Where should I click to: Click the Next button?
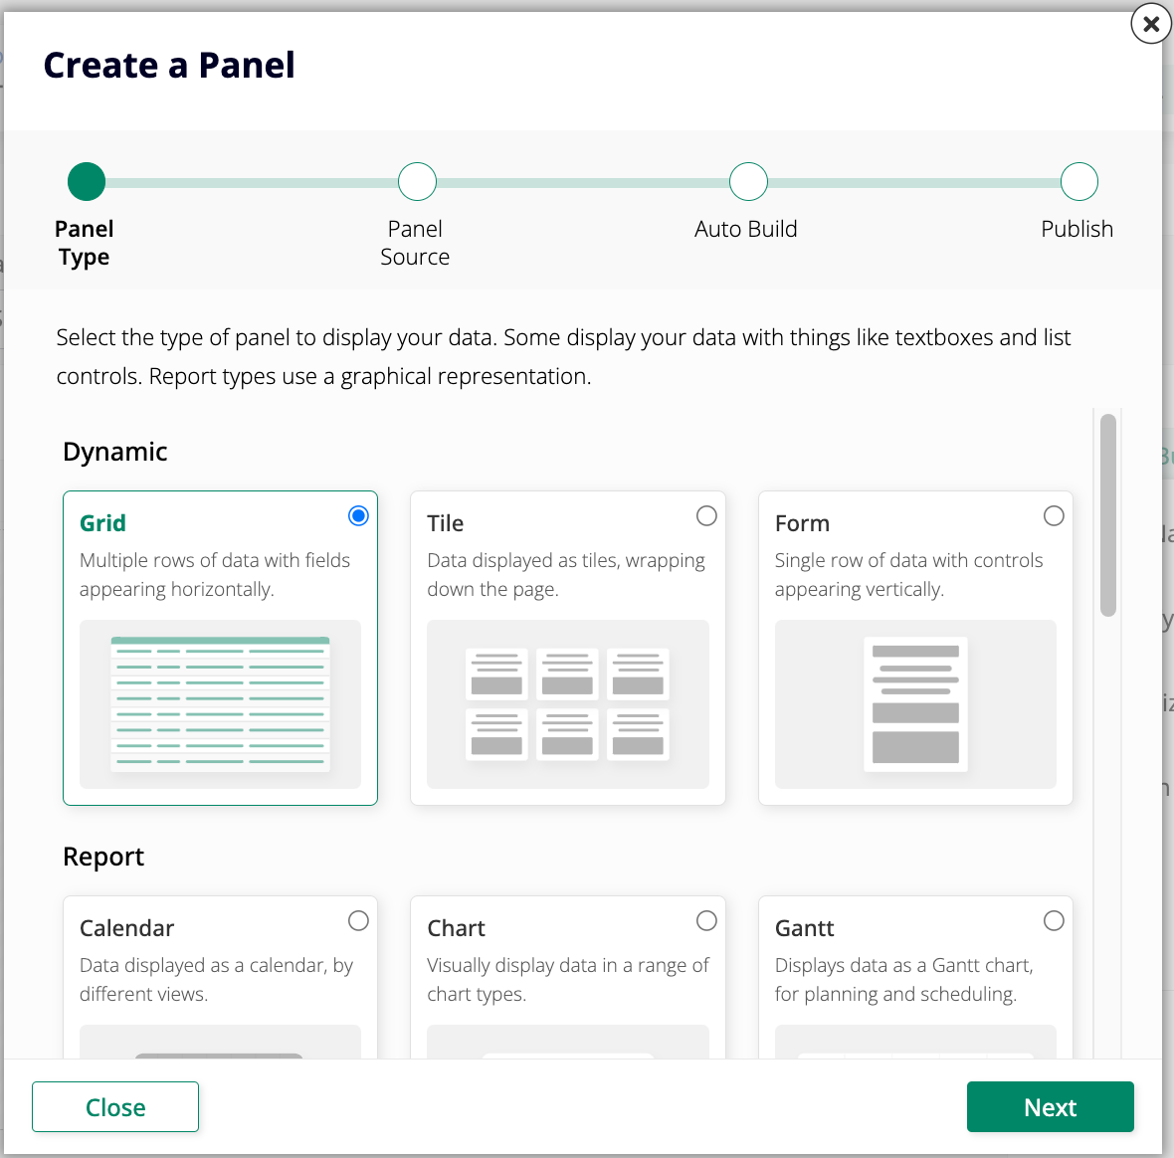1050,1106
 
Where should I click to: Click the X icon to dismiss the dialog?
1151,24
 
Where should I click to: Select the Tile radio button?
706,515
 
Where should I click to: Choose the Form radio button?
1054,515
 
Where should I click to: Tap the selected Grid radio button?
358,515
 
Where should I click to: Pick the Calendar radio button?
358,920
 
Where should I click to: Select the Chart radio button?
706,920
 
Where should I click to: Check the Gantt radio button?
1054,920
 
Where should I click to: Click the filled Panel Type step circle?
87,181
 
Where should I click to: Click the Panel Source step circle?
417,181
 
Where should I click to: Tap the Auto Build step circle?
748,181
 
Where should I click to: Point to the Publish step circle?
1078,181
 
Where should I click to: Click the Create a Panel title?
169,66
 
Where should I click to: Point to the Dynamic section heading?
115,452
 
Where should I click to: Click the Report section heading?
103,857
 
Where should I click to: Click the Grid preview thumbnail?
220,704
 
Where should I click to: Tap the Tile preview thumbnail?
567,704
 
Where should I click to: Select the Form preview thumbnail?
915,704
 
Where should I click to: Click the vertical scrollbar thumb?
1108,515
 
